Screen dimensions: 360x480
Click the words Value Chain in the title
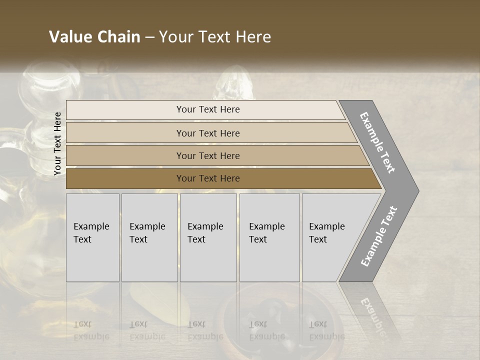click(x=94, y=37)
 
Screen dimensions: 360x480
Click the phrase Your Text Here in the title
click(x=215, y=37)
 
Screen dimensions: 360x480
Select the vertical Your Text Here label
click(x=57, y=144)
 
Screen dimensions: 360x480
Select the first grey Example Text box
click(x=92, y=237)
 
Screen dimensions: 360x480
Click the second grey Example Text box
click(x=149, y=237)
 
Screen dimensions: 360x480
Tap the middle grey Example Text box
click(x=208, y=237)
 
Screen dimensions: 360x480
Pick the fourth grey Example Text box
click(x=269, y=237)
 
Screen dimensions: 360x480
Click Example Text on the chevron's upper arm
click(x=377, y=142)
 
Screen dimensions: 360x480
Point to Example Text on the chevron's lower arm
click(x=379, y=236)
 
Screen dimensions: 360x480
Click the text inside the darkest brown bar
click(x=208, y=178)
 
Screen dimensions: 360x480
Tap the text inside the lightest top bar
click(x=208, y=109)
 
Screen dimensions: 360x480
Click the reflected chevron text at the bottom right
click(x=372, y=315)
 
